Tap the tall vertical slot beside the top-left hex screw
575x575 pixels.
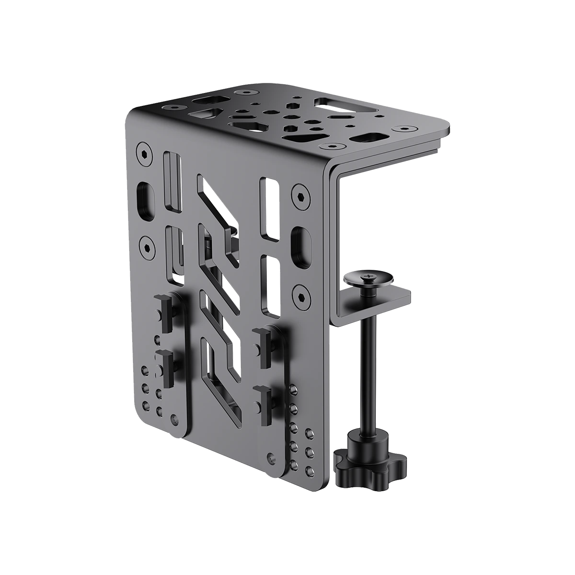point(172,182)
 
